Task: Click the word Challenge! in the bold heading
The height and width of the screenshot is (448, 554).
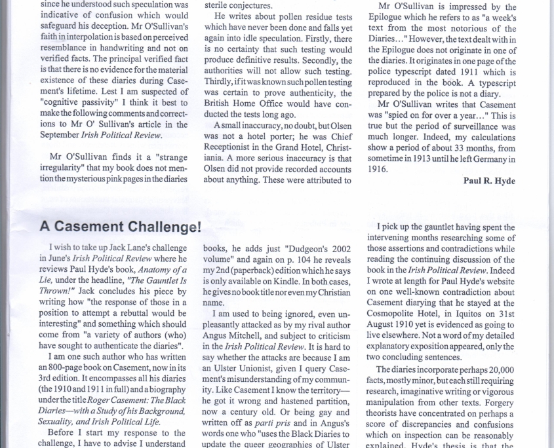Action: point(161,227)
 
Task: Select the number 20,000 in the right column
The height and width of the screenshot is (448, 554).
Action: point(498,370)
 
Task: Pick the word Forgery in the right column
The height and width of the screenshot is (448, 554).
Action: point(496,402)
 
